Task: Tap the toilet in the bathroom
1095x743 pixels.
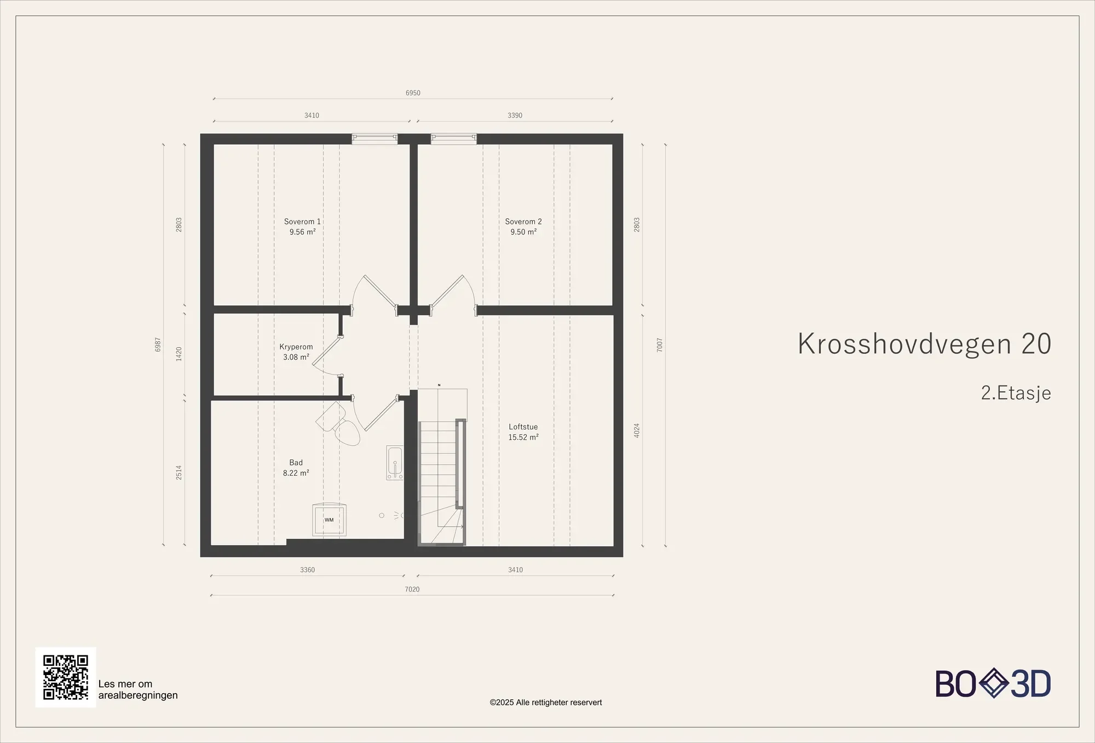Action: point(338,424)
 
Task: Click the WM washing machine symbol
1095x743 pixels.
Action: point(329,520)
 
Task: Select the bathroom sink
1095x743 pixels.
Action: point(395,463)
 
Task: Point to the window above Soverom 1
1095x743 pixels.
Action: point(374,139)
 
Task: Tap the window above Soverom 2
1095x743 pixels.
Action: point(454,139)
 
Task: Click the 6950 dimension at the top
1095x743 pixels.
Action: point(413,93)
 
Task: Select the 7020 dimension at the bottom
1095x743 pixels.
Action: point(412,590)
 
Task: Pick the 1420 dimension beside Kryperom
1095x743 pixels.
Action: point(179,354)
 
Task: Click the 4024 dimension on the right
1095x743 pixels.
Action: point(637,430)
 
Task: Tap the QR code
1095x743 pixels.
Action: point(66,677)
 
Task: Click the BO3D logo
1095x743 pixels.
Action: point(993,684)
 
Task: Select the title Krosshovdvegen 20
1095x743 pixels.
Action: point(924,344)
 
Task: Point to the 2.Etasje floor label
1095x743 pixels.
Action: point(1016,393)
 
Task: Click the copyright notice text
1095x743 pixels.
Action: point(546,702)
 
